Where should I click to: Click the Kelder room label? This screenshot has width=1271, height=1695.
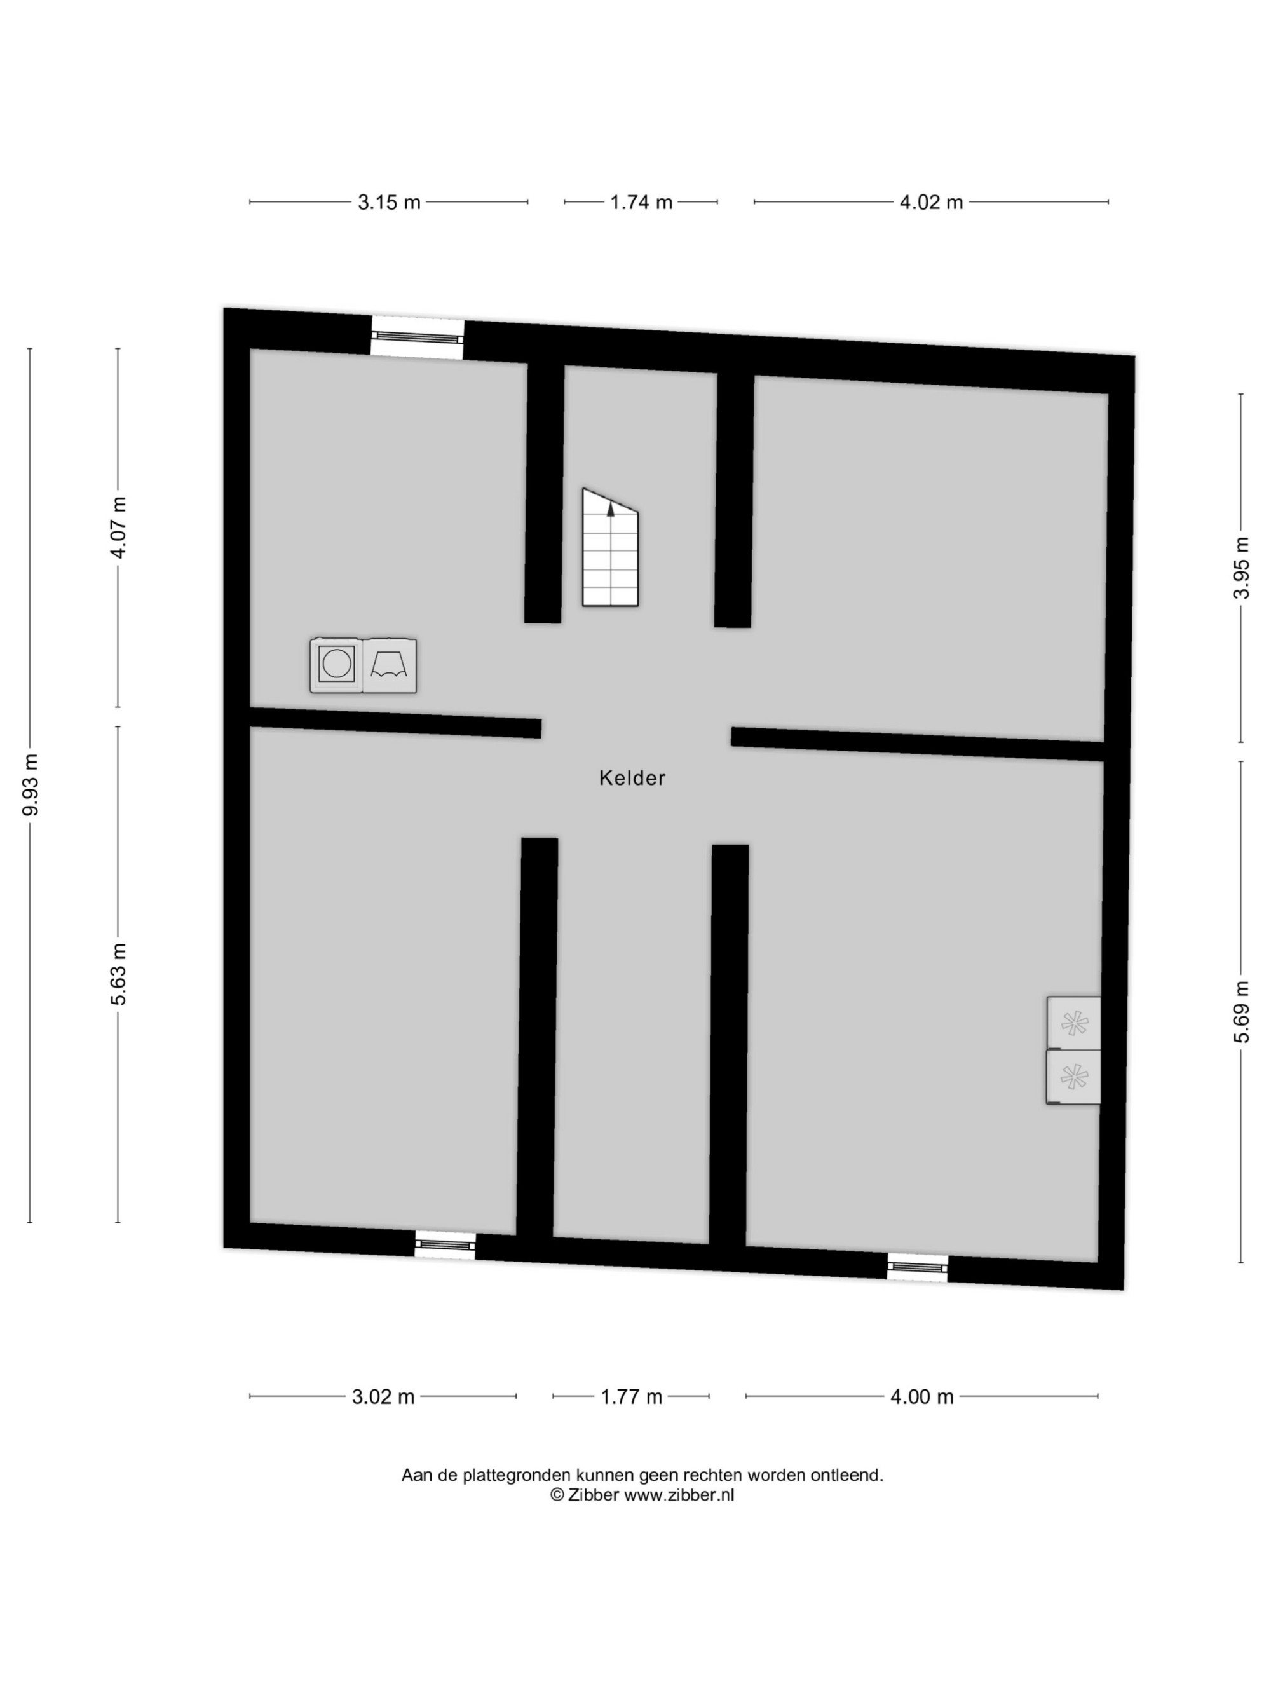tap(632, 778)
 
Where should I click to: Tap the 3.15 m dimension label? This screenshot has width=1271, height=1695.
tap(389, 202)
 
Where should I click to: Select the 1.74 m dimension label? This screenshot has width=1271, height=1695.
tap(641, 202)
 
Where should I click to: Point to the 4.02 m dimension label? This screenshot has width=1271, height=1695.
tap(931, 202)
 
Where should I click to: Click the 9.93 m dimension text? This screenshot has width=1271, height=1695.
tap(31, 785)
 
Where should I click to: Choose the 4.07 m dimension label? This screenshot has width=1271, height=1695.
tap(118, 528)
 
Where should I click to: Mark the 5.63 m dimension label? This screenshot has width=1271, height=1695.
tap(118, 973)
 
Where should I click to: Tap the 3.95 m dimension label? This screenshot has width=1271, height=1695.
tap(1242, 568)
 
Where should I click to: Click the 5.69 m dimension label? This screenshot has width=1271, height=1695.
tap(1242, 1012)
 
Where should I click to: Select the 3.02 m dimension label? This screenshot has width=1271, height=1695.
tap(383, 1397)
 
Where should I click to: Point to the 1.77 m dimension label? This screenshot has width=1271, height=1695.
tap(631, 1397)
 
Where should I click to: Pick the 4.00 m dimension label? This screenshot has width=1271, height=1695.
tap(921, 1397)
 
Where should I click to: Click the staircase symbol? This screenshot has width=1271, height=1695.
tap(610, 548)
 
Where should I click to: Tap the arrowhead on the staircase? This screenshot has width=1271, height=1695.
tap(611, 510)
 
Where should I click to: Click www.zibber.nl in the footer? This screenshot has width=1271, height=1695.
tap(679, 1495)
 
